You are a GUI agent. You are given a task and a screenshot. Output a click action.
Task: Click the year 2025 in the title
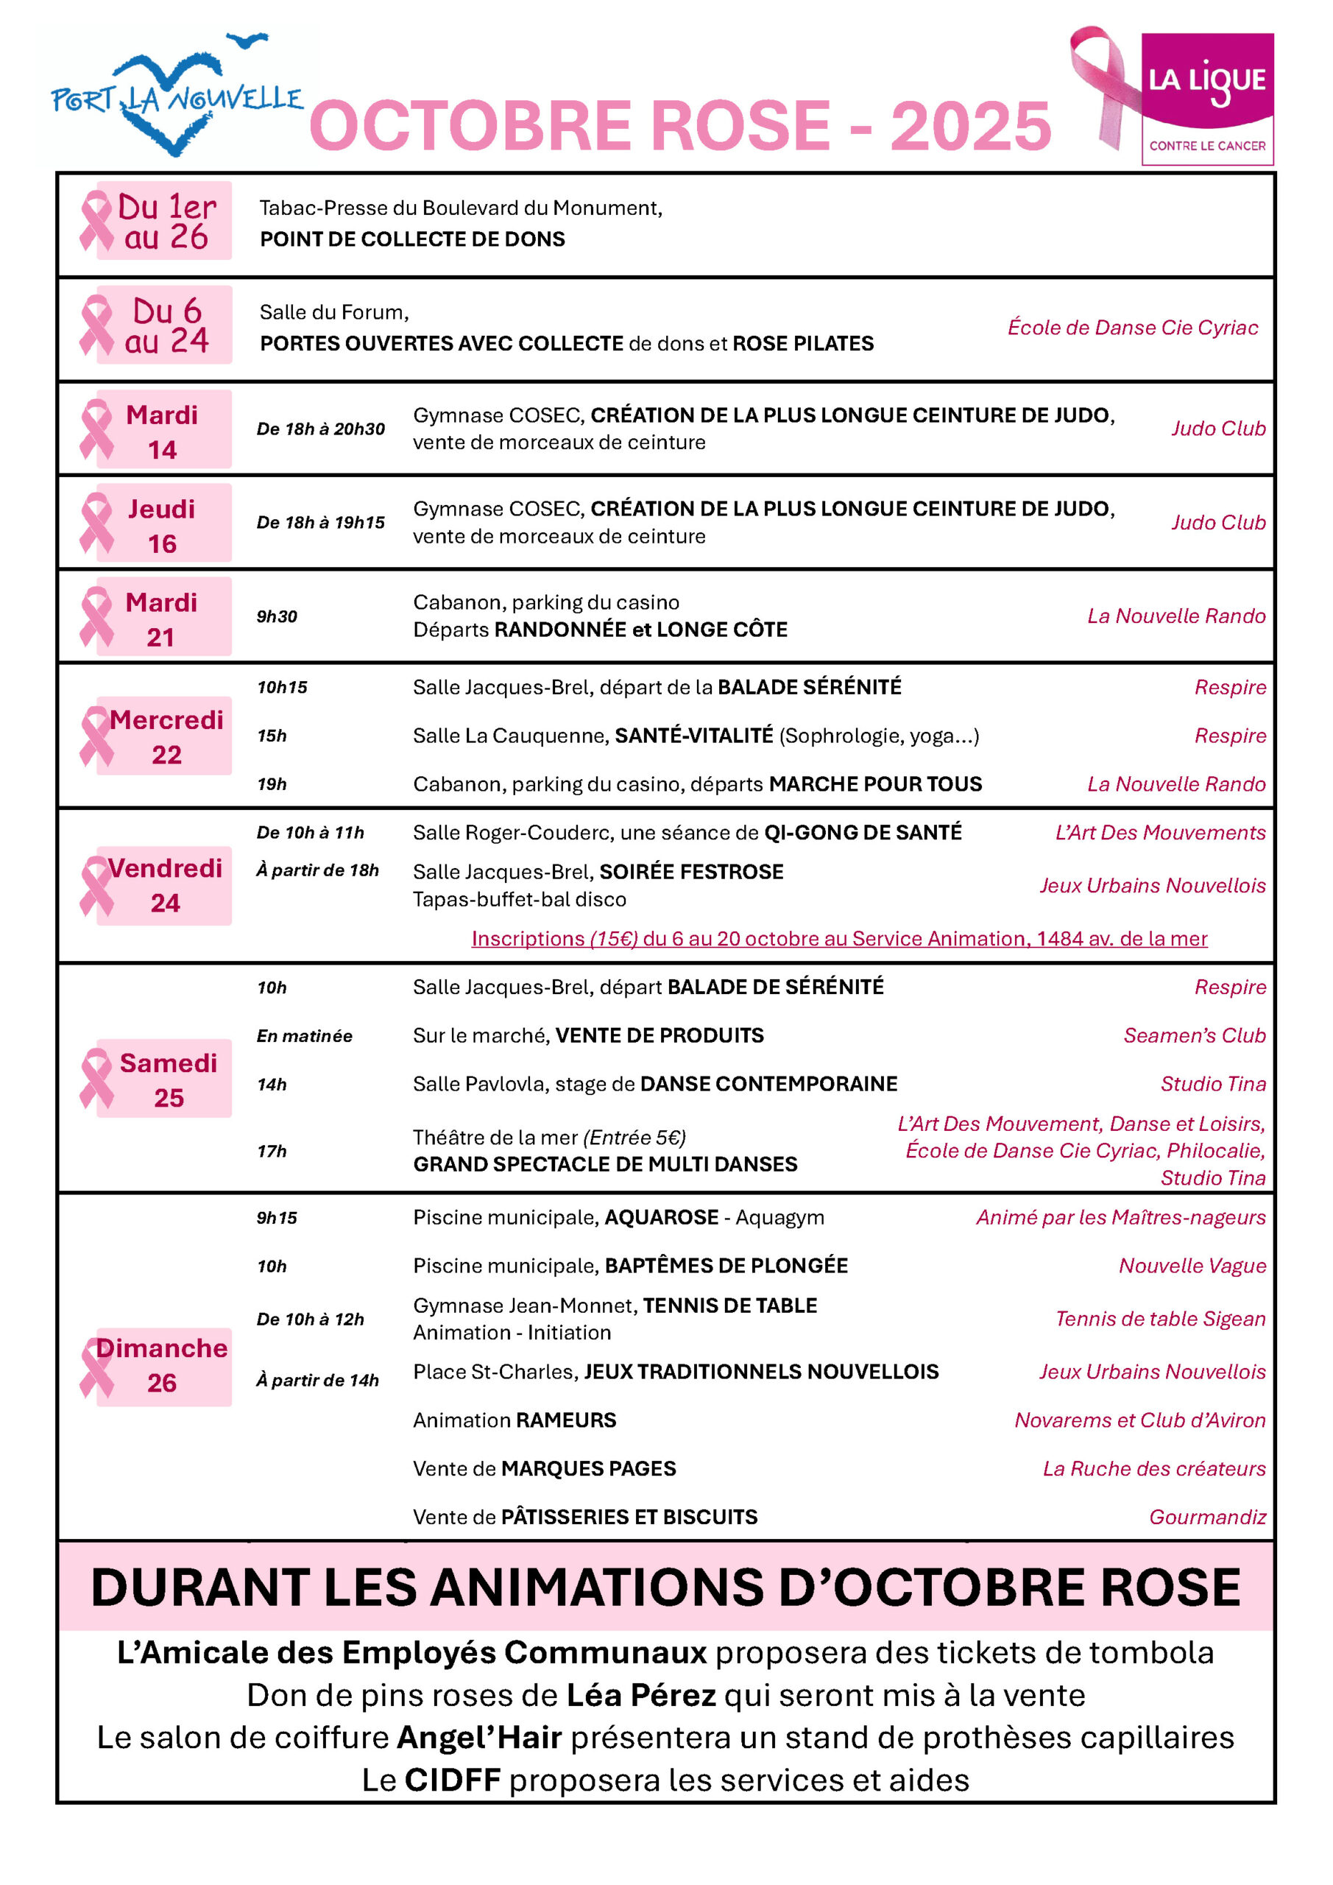[970, 127]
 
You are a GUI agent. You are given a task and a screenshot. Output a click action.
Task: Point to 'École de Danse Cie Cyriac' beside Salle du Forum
[1132, 328]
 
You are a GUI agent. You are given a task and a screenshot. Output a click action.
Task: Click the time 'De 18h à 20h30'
[320, 429]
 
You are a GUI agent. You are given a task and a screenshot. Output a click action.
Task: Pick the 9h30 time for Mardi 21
[277, 616]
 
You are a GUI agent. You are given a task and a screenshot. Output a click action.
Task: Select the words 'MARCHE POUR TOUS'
[875, 784]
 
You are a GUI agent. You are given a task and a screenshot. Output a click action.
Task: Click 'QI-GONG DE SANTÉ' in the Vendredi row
[863, 833]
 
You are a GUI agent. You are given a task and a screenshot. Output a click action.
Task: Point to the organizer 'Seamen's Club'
[1195, 1035]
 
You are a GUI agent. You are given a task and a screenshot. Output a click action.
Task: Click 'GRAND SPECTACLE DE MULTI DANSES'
[605, 1164]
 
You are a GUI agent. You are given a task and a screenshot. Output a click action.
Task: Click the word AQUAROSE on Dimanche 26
[662, 1218]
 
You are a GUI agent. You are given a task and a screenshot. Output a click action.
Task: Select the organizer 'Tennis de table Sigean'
[1160, 1319]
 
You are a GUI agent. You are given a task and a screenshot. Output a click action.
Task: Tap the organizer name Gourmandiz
[1206, 1517]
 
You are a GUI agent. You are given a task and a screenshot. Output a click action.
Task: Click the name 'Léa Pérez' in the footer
[641, 1695]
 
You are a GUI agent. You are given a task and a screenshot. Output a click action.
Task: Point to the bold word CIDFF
[452, 1780]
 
